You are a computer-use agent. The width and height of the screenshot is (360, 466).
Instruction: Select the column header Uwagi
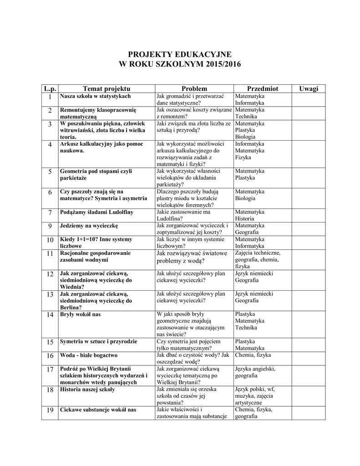pos(309,88)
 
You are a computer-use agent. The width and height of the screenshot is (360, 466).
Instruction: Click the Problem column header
pos(194,88)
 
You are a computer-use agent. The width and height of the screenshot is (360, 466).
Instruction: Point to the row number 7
pos(50,213)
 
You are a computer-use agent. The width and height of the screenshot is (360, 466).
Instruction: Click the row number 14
pos(50,315)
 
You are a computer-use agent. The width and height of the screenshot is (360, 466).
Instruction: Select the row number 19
pos(50,410)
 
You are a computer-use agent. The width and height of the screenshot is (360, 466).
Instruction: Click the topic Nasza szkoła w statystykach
pos(96,96)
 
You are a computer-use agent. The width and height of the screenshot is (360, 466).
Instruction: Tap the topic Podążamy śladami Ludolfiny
pos(97,212)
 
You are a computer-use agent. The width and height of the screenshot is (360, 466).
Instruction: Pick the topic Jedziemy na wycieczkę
pos(89,226)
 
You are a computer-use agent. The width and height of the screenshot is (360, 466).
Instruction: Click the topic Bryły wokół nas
pos(80,314)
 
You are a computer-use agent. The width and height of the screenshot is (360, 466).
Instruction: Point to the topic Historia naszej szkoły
pos(87,390)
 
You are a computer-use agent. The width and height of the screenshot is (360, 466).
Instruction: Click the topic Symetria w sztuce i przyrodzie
pos(99,341)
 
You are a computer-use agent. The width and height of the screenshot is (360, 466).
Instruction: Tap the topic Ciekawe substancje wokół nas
pos(98,410)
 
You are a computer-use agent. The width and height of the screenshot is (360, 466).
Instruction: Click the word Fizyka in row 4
pos(243,157)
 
